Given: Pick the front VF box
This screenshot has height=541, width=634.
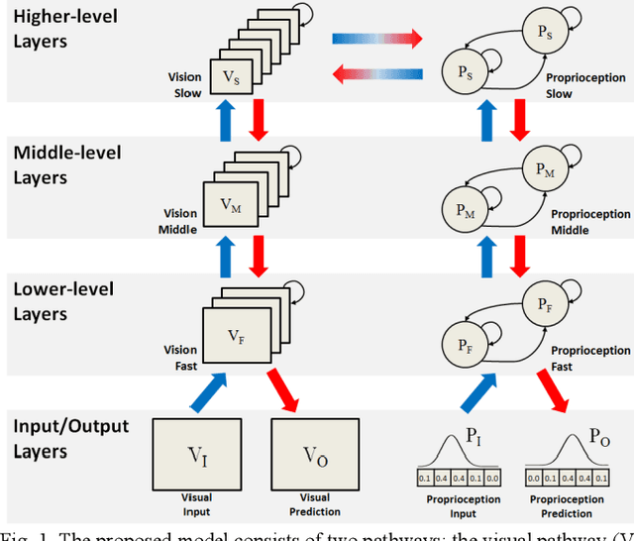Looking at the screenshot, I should pos(235,337).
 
